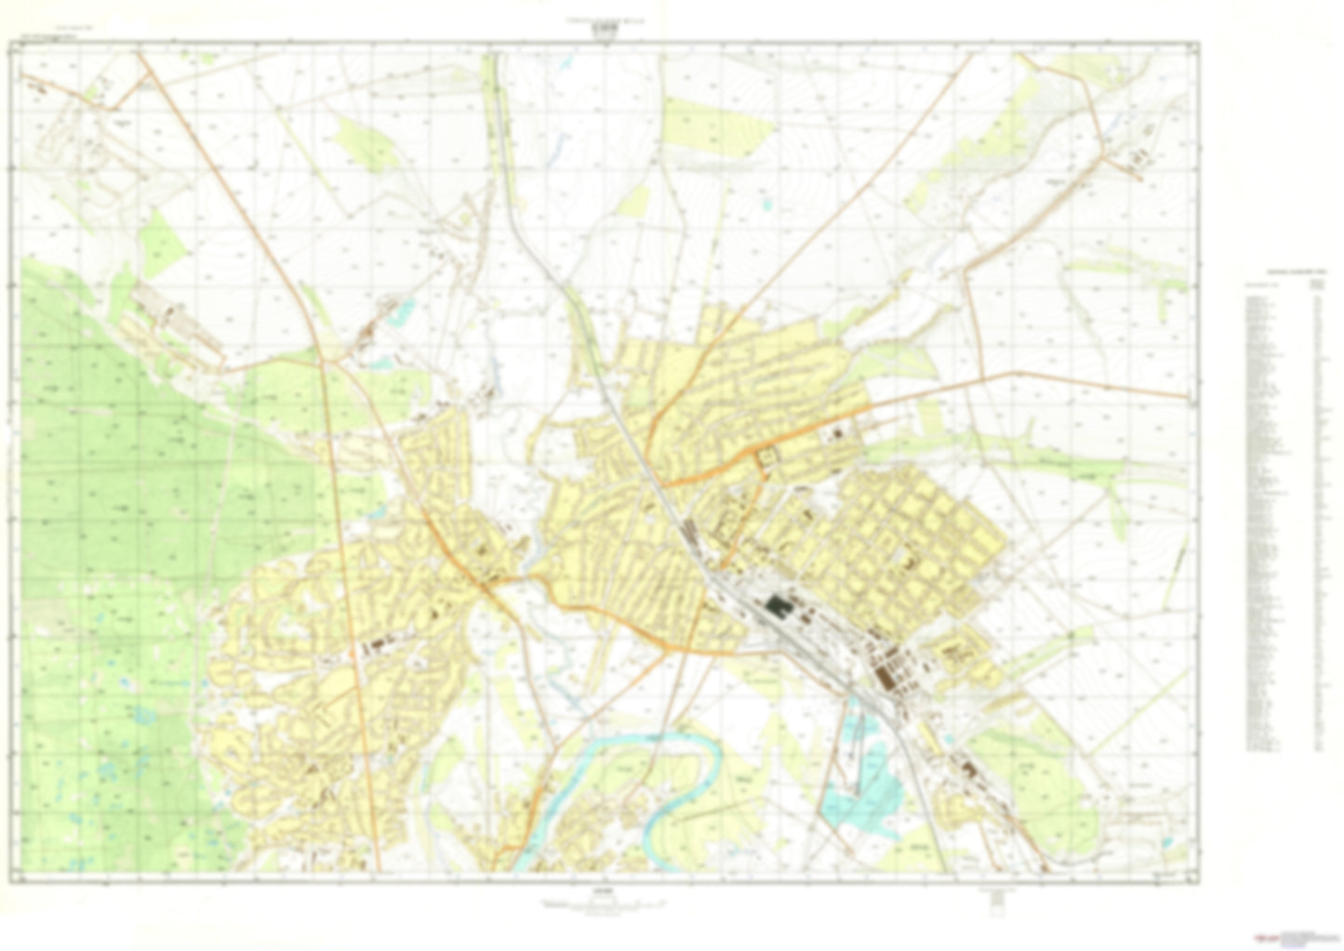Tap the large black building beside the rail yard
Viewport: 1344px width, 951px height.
[775, 607]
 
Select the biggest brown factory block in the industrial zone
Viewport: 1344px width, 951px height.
[889, 674]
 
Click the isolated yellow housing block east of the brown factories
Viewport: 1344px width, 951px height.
[957, 651]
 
